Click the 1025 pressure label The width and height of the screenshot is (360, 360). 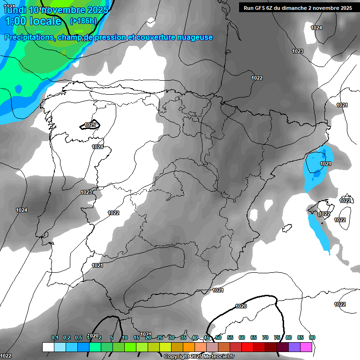90,125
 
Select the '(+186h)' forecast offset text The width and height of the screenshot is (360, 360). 83,21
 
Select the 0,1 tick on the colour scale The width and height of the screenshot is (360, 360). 55,338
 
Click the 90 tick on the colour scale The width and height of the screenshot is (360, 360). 312,338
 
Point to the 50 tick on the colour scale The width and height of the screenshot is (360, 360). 218,338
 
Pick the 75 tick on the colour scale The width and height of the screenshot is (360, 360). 277,338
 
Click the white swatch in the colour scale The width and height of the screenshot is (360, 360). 48,347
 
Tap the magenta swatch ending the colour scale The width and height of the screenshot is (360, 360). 306,347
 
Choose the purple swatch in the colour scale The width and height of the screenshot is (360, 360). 294,347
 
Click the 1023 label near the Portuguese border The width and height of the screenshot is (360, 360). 86,192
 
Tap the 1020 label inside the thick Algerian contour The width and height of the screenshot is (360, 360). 241,306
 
